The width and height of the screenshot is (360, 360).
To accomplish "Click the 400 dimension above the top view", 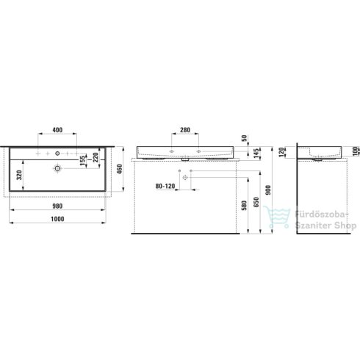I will click(57, 131).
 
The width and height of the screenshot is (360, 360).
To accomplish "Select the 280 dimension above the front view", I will click(184, 131).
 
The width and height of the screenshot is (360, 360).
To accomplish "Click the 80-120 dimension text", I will click(165, 186).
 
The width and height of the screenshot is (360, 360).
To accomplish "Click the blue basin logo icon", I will click(279, 217).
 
